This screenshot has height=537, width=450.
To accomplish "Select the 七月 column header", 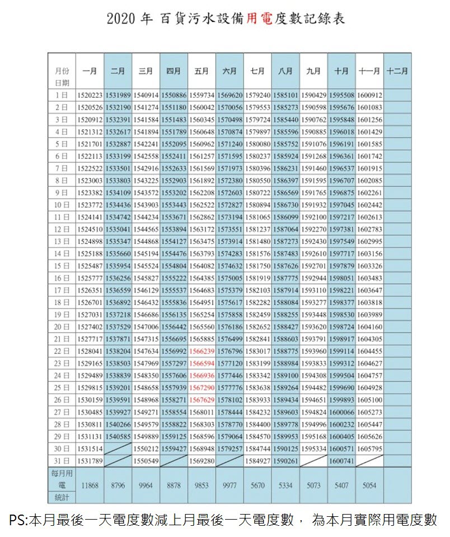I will (257, 71).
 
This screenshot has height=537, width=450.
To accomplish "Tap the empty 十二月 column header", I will (397, 71).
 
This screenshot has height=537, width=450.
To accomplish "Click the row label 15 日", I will (62, 265).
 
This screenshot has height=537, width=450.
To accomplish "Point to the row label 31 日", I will (62, 461).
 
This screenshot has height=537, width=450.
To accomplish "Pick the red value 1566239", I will (201, 351).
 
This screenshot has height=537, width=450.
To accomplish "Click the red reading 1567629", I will (201, 400).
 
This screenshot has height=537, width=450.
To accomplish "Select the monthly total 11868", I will (90, 485).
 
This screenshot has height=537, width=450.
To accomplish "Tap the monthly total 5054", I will (369, 485).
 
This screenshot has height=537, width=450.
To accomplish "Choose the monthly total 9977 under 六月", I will (229, 485).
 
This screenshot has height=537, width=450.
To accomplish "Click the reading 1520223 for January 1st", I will (90, 95).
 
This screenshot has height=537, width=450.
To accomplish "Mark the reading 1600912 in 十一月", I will (369, 95).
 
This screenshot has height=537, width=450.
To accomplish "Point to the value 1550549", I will (146, 461).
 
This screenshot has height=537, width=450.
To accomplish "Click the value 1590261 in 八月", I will (285, 461).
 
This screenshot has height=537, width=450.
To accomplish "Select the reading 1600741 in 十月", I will (341, 461).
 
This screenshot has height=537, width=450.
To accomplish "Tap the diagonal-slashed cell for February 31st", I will (118, 461).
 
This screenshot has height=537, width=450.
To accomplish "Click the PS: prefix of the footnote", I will (18, 520).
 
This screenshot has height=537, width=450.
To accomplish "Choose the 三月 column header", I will (146, 71).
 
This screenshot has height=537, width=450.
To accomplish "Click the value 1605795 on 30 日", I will (369, 448).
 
